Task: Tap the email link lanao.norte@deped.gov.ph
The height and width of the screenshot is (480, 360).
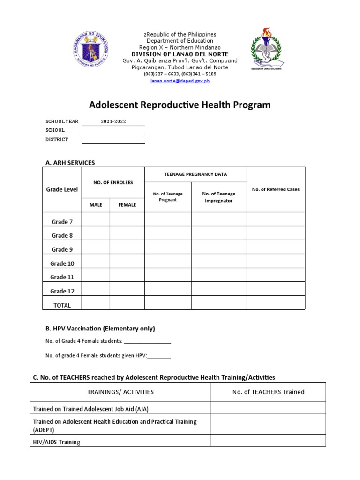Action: tap(180, 81)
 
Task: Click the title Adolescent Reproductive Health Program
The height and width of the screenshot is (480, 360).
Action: tap(180, 105)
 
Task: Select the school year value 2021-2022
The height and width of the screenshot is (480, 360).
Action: tap(113, 121)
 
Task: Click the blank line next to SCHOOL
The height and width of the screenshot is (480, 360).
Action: tap(113, 131)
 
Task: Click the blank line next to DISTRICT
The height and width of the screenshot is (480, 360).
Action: tap(113, 140)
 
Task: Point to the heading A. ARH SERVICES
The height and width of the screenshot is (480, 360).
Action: tap(70, 163)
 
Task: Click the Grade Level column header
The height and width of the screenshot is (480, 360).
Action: tap(62, 189)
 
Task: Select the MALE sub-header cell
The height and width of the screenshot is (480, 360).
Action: tap(96, 205)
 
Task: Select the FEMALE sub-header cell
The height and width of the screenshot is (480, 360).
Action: tap(127, 205)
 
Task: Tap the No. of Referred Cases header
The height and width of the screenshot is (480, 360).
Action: tap(276, 189)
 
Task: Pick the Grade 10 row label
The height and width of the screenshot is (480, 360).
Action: tap(62, 263)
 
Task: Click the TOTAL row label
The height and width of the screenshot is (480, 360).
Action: tap(62, 305)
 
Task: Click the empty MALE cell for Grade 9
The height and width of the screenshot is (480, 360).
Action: tap(96, 249)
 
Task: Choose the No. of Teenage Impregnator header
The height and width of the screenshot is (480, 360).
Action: tap(218, 197)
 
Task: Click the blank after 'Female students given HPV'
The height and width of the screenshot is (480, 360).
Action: tap(159, 356)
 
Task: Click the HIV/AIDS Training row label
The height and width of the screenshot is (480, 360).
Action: tap(56, 442)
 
